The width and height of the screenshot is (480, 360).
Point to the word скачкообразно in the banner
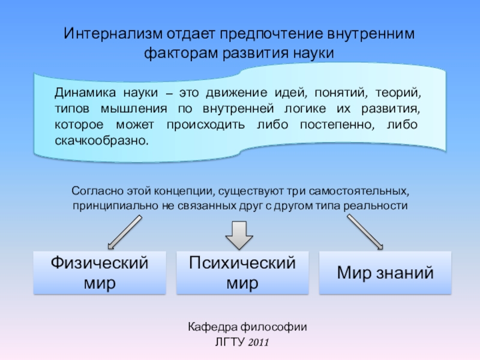coord(101,142)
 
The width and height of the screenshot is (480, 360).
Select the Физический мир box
coord(100,273)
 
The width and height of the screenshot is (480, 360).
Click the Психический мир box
coord(242,273)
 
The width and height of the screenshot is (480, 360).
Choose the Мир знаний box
coord(385,273)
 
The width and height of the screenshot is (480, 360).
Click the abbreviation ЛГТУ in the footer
coord(229,343)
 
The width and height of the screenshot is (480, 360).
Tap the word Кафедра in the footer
coord(208,327)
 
